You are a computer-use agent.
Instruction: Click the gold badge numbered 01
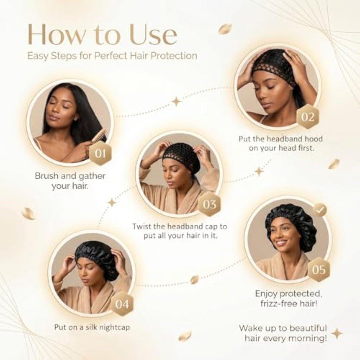point(100,153)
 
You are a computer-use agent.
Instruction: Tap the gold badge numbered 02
point(308,117)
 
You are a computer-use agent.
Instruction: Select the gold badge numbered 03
point(209,204)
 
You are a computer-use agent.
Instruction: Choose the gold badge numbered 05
point(319,269)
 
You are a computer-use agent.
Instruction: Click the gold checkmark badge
point(320,210)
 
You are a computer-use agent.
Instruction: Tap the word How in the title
point(55,34)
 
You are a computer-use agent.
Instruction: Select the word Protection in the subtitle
point(174,56)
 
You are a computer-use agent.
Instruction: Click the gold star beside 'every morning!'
point(337,334)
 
